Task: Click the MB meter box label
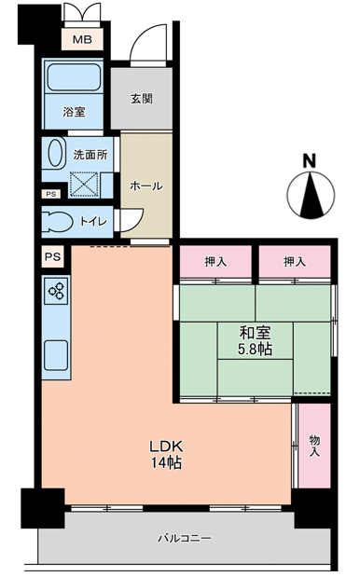point(82,39)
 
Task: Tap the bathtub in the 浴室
point(74,77)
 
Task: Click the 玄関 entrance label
point(142,99)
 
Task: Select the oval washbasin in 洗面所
point(56,153)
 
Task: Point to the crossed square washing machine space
point(85,184)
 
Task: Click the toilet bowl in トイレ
point(57,222)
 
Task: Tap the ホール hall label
point(145,185)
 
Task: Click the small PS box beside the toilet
point(51,194)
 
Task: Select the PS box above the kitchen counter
point(52,256)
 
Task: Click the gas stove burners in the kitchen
point(56,291)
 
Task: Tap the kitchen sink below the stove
point(56,355)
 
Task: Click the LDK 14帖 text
point(166,455)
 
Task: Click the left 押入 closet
point(215,262)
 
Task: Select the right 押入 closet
point(295,262)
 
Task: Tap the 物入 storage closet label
point(314,446)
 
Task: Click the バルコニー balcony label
point(185,539)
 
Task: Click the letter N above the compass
point(310,161)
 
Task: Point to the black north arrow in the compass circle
point(312,194)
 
